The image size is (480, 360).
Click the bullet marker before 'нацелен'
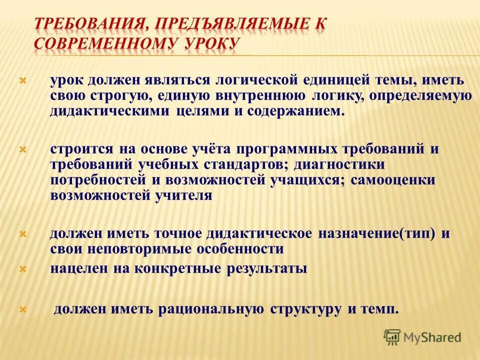(22, 269)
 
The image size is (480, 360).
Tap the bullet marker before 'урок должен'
(22, 80)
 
